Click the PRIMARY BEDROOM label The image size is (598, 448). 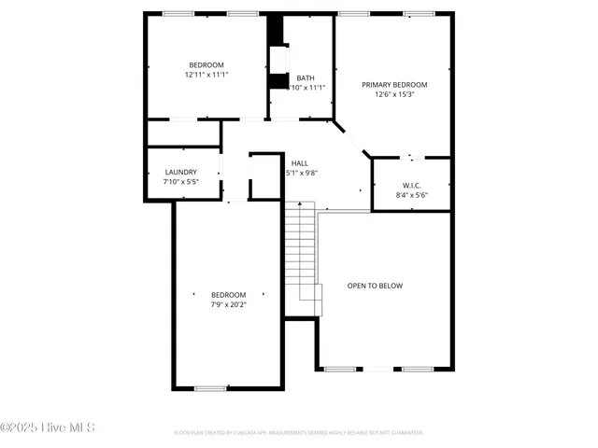tap(394, 84)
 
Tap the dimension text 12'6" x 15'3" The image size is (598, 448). tap(394, 94)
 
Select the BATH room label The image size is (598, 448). tap(306, 78)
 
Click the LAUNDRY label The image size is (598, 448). tap(180, 172)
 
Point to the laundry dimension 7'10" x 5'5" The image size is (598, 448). tap(180, 182)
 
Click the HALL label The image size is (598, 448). tap(300, 162)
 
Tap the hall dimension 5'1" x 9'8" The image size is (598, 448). tap(302, 173)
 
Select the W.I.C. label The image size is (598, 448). tap(411, 185)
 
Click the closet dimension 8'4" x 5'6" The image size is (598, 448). tap(411, 195)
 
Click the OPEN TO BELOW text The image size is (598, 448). tap(375, 286)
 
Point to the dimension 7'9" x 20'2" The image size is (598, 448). tap(228, 304)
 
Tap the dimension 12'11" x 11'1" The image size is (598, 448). tap(206, 75)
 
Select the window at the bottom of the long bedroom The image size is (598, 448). tap(210, 388)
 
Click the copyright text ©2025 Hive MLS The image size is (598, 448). tap(48, 427)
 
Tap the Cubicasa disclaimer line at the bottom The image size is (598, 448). tap(299, 433)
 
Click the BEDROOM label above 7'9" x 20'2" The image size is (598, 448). tap(228, 294)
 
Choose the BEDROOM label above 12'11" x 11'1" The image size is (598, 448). tap(206, 64)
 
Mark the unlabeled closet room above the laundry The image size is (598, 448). tap(183, 133)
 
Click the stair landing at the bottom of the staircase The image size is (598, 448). tap(310, 301)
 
